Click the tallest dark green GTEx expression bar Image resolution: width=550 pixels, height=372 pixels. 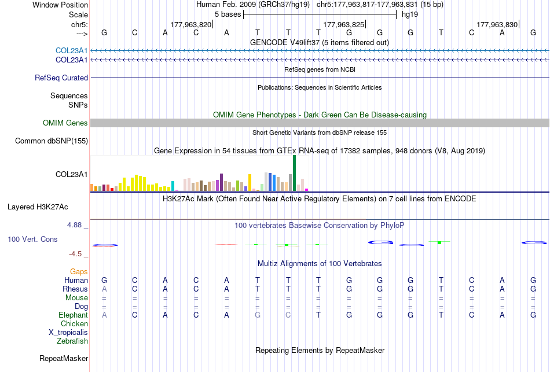coord(294,173)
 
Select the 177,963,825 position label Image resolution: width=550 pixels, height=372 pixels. coord(344,24)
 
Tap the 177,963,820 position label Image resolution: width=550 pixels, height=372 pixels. coord(191,24)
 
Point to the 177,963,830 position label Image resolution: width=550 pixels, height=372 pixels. coord(497,24)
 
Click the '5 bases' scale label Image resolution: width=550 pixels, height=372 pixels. coord(228,14)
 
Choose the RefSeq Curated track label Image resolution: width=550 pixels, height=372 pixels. coord(61,78)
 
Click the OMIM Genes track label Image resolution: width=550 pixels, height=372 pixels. coord(65,123)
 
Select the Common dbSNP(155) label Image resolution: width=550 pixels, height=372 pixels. coord(52,141)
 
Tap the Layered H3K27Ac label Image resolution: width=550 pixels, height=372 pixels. coord(38,207)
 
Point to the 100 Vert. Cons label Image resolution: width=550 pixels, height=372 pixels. coord(32,239)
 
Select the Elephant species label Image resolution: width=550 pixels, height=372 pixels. coord(73,315)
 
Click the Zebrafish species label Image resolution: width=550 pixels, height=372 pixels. coord(72,341)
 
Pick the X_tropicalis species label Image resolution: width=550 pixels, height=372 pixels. coord(68,333)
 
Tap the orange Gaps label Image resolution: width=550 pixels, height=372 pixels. coord(79,272)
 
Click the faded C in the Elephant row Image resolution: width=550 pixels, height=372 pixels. coord(288,315)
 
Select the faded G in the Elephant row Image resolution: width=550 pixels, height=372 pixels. coord(258,315)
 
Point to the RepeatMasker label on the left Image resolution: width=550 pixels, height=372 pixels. coord(64,358)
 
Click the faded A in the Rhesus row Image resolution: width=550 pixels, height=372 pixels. coord(104,289)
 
